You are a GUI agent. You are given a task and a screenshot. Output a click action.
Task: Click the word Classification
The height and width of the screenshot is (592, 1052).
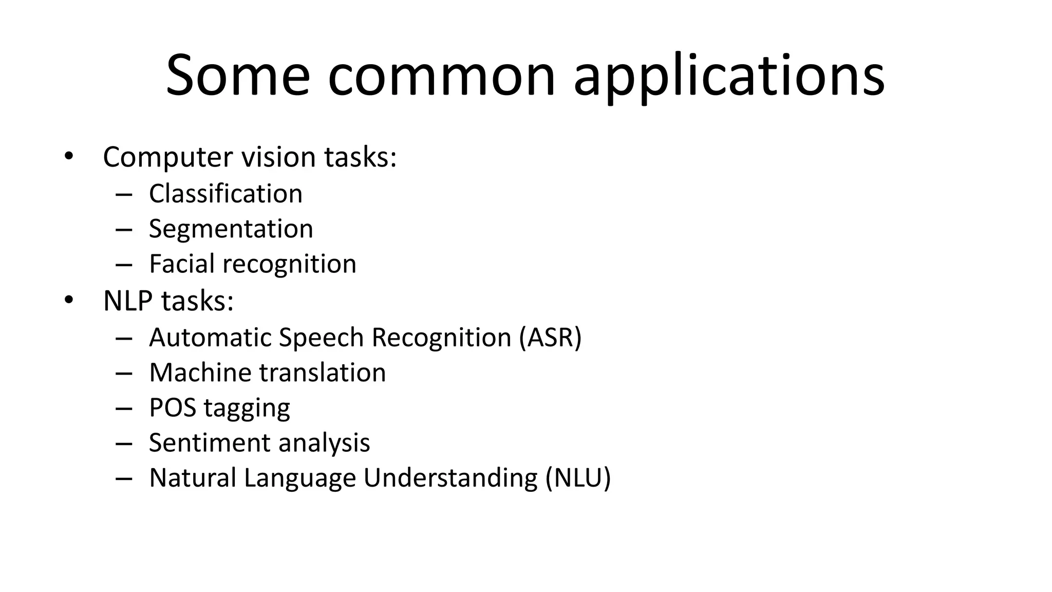pyautogui.click(x=226, y=194)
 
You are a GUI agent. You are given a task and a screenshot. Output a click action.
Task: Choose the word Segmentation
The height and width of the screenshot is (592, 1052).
pyautogui.click(x=231, y=229)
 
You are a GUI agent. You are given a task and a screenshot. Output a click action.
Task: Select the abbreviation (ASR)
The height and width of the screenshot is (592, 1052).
pyautogui.click(x=550, y=338)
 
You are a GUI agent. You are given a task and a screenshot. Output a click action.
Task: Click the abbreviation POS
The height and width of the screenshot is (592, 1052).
pyautogui.click(x=173, y=408)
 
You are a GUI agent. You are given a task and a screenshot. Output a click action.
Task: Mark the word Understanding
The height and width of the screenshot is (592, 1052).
pyautogui.click(x=450, y=478)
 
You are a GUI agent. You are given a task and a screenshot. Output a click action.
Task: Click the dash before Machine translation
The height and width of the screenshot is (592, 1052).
pyautogui.click(x=124, y=373)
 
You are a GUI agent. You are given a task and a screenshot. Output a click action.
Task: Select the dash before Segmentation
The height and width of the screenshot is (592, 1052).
pyautogui.click(x=124, y=229)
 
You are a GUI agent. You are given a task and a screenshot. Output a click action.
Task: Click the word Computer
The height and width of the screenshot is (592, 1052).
pyautogui.click(x=167, y=157)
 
